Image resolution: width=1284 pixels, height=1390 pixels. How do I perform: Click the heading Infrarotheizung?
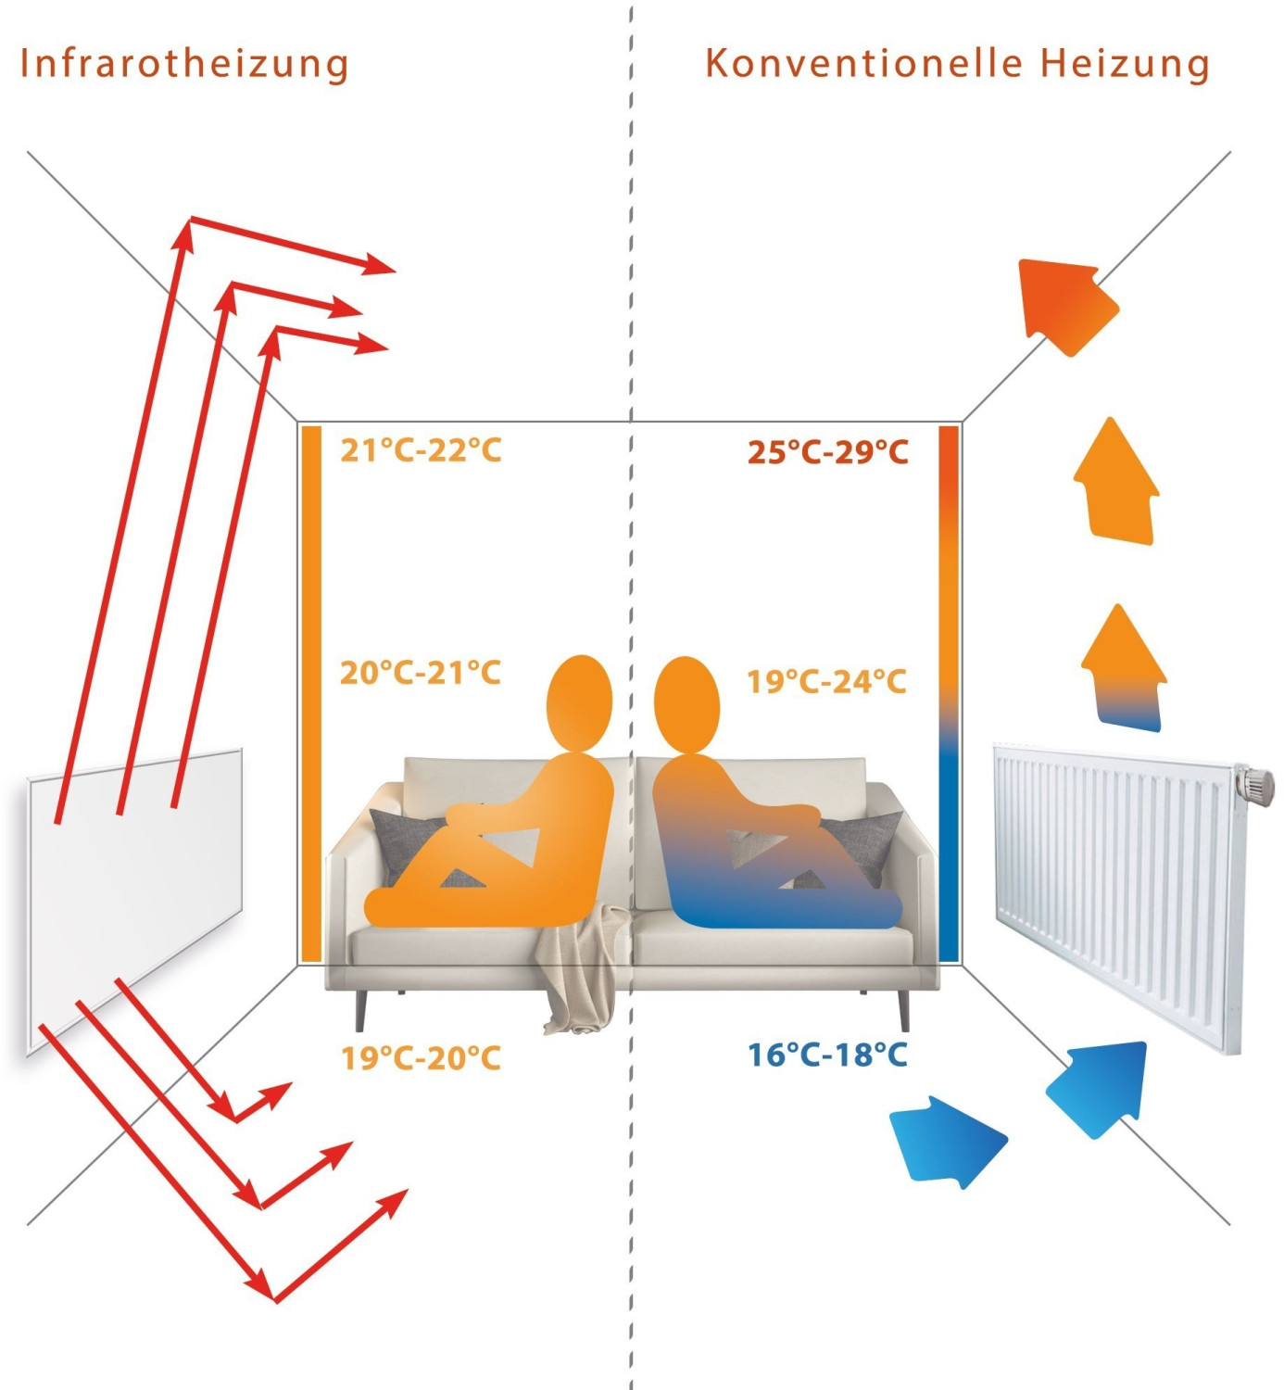pyautogui.click(x=184, y=64)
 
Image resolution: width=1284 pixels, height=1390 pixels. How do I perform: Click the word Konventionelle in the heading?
pyautogui.click(x=863, y=63)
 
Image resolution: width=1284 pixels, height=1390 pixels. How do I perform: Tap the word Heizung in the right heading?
pyautogui.click(x=1125, y=64)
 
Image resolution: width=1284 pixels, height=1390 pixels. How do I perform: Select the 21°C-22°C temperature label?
pyautogui.click(x=421, y=450)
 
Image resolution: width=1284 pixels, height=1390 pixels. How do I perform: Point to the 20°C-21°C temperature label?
pyautogui.click(x=421, y=673)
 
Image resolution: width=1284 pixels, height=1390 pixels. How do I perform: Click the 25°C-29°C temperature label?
pyautogui.click(x=828, y=452)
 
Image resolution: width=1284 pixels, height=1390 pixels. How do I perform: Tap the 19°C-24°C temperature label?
pyautogui.click(x=827, y=681)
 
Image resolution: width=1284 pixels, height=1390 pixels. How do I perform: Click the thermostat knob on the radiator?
pyautogui.click(x=1253, y=784)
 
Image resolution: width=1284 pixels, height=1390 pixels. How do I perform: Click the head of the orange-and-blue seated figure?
pyautogui.click(x=686, y=705)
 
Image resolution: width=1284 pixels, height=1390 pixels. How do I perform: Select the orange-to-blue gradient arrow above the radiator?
pyautogui.click(x=1123, y=668)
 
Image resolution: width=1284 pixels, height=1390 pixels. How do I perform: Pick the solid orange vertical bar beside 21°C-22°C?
pyautogui.click(x=312, y=693)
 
